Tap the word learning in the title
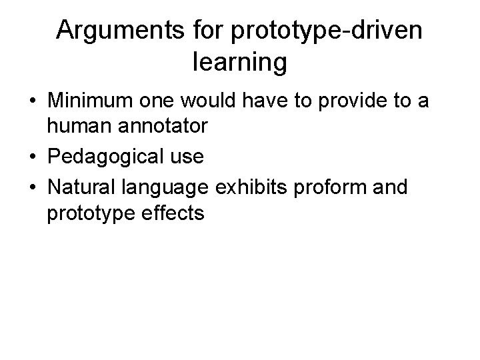tap(240, 63)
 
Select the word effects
tap(175, 213)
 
